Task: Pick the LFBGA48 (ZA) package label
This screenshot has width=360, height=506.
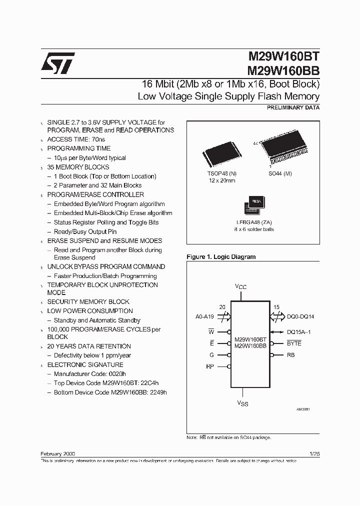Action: (x=255, y=221)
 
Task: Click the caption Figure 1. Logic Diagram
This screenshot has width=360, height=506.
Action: (x=221, y=257)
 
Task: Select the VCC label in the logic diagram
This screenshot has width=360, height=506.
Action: (x=241, y=287)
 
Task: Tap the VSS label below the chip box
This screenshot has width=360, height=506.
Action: (x=242, y=403)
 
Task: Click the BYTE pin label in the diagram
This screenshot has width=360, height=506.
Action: (x=294, y=343)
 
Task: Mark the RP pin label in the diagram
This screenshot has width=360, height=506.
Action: (x=210, y=366)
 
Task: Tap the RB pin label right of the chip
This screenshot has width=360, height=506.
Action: (x=290, y=355)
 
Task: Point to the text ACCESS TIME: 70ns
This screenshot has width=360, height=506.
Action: (x=76, y=139)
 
